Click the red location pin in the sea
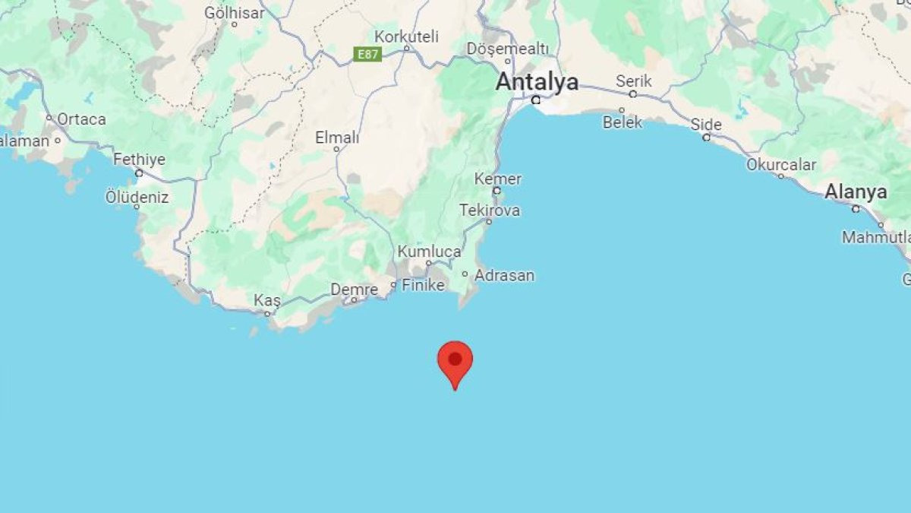(455, 360)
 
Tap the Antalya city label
(537, 82)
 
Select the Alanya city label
(856, 192)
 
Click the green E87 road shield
(368, 54)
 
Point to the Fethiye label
(139, 160)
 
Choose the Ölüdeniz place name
(137, 198)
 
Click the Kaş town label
(267, 300)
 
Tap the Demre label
(354, 290)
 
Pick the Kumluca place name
(429, 252)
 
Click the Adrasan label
(505, 275)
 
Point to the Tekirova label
(490, 210)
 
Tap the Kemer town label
(498, 179)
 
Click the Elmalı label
(337, 138)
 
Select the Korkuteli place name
(407, 36)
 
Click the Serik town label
(633, 81)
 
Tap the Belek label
(623, 122)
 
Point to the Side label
(706, 125)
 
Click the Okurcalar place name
(781, 164)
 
